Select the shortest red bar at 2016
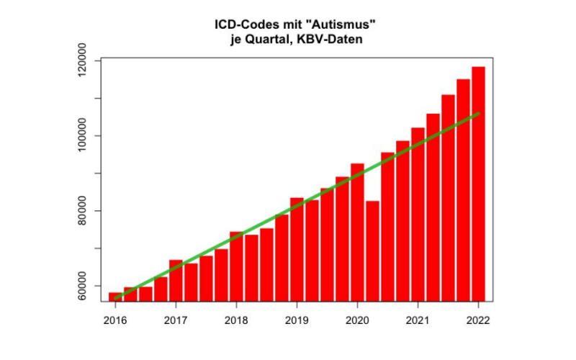(x=115, y=297)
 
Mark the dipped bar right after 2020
(x=372, y=252)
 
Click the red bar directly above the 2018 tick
(x=236, y=266)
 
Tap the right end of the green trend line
(x=478, y=114)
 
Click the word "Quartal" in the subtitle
(x=266, y=40)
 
